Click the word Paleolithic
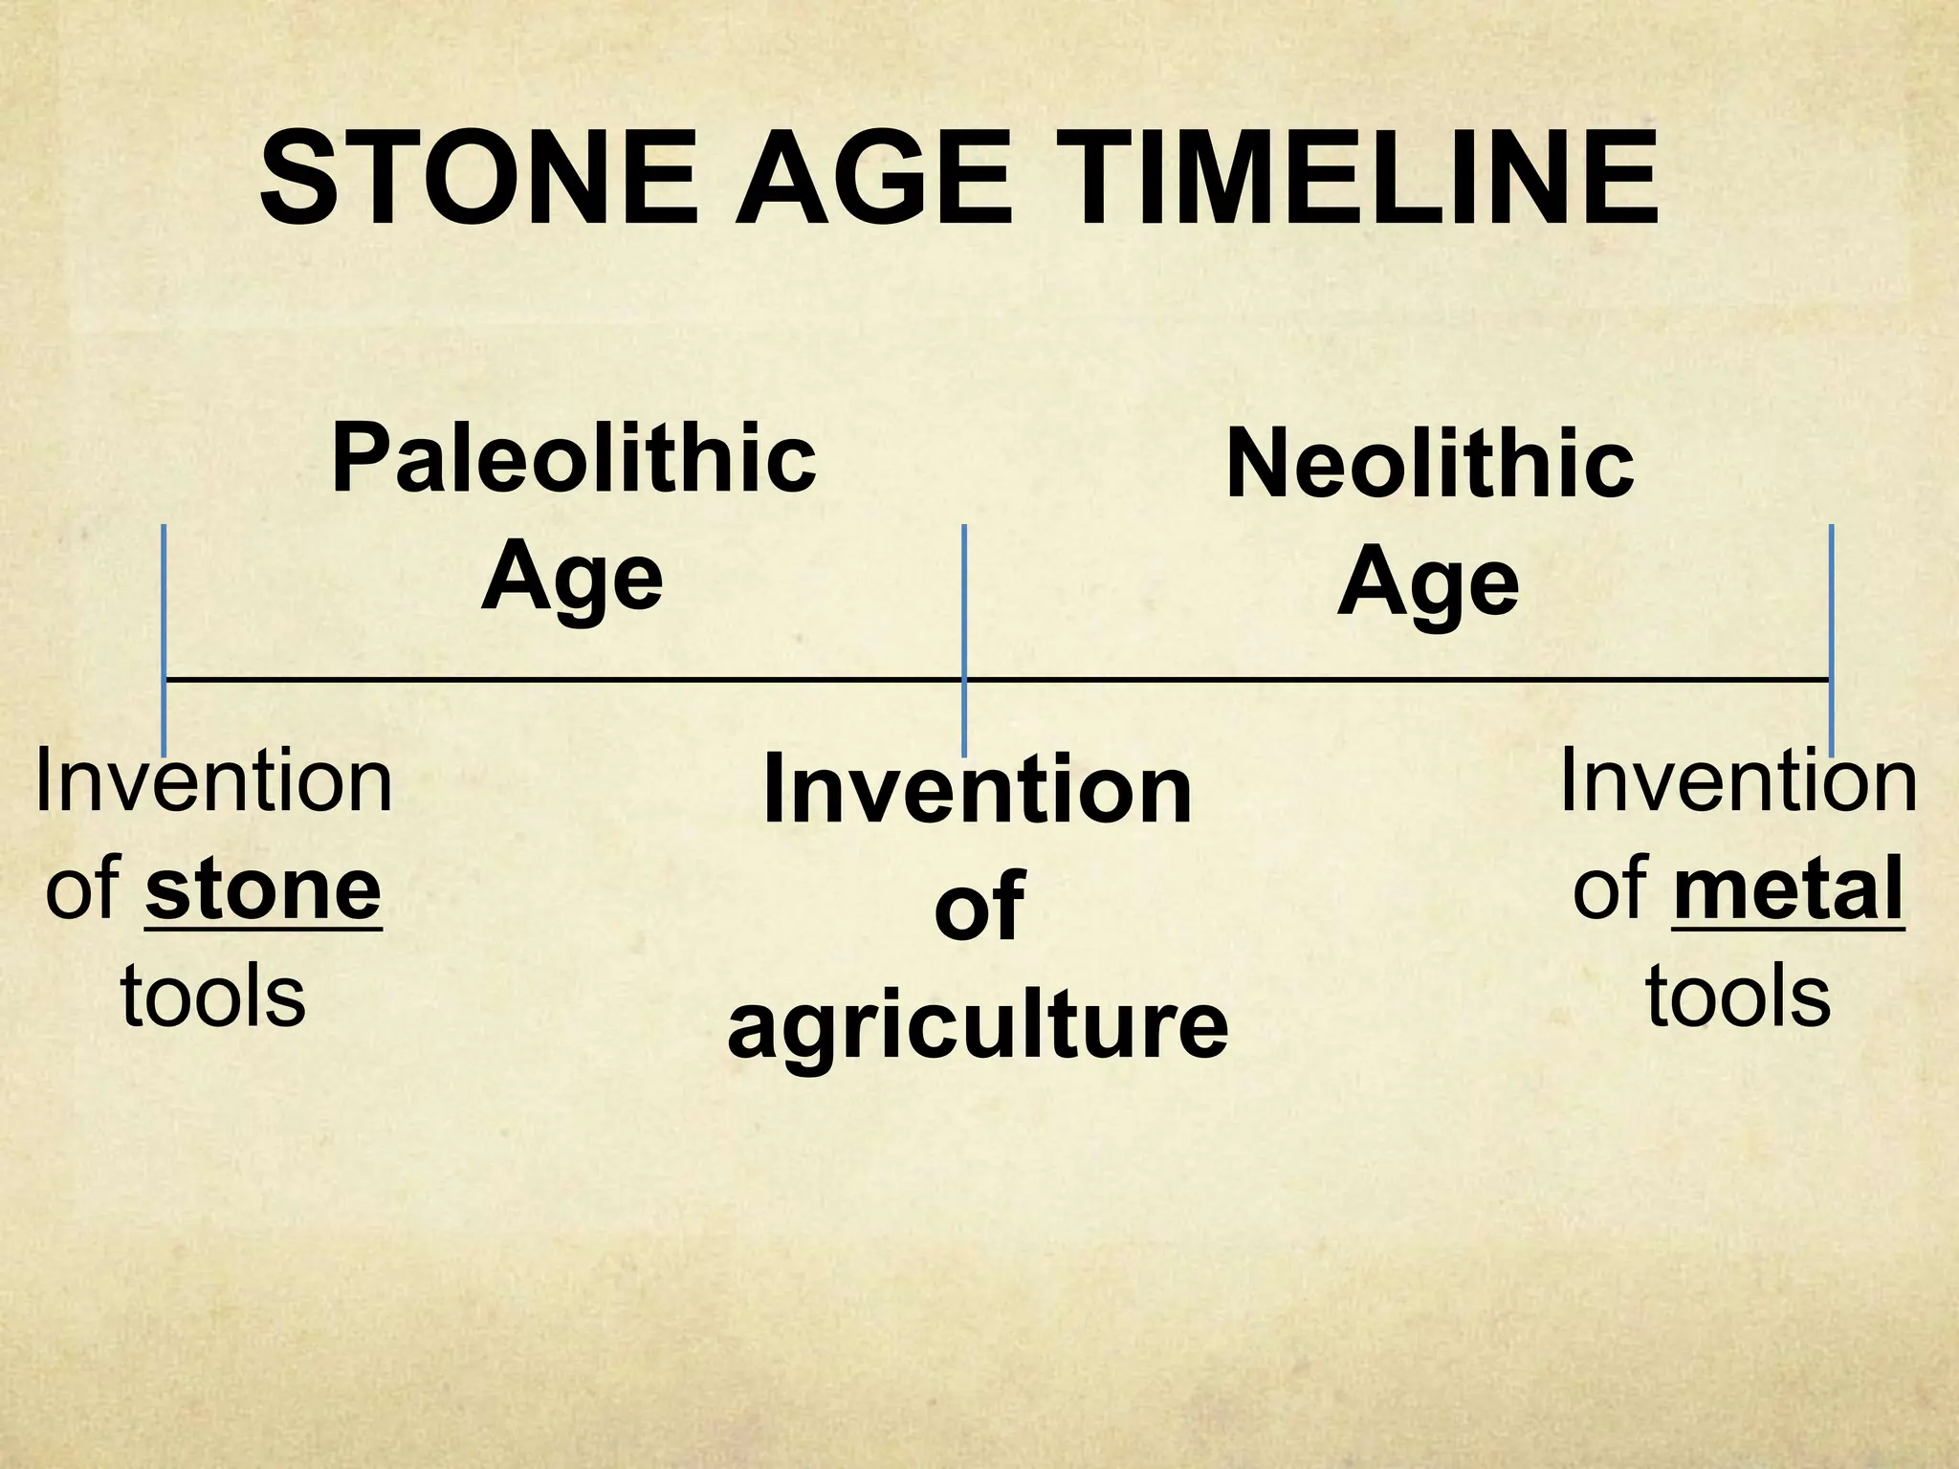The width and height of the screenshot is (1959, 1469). [574, 461]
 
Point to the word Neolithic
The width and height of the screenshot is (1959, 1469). [1429, 467]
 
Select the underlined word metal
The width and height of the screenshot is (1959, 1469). [1788, 889]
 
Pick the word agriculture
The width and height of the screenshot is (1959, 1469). [978, 1027]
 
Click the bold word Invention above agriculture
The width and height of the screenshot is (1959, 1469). [978, 791]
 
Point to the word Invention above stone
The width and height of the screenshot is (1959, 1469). [213, 782]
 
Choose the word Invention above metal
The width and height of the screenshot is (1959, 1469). [1738, 781]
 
